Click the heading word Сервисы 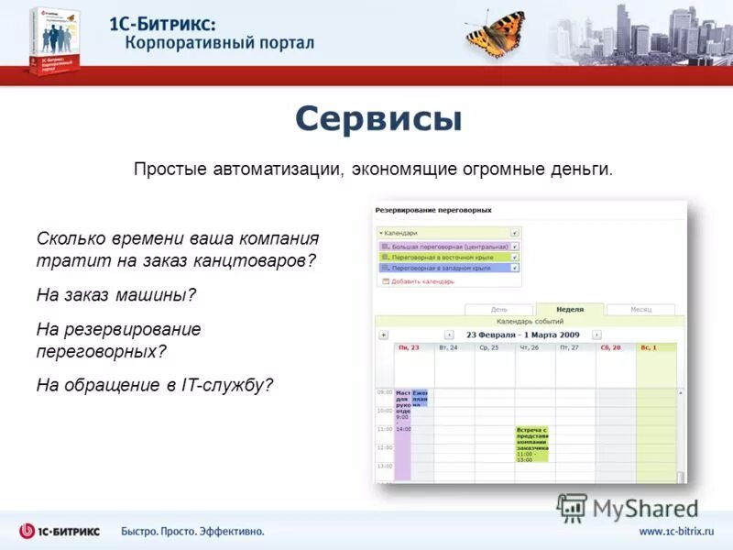(378, 118)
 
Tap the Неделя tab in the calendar (569, 310)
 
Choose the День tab (499, 310)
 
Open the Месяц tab (640, 310)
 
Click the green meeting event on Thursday (531, 443)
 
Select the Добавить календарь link (422, 281)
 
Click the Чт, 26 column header (529, 348)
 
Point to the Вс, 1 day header (649, 348)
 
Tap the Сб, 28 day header (610, 348)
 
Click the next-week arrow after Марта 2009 (596, 335)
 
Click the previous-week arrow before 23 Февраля (449, 335)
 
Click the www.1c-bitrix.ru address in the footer (676, 532)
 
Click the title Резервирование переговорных (433, 210)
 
